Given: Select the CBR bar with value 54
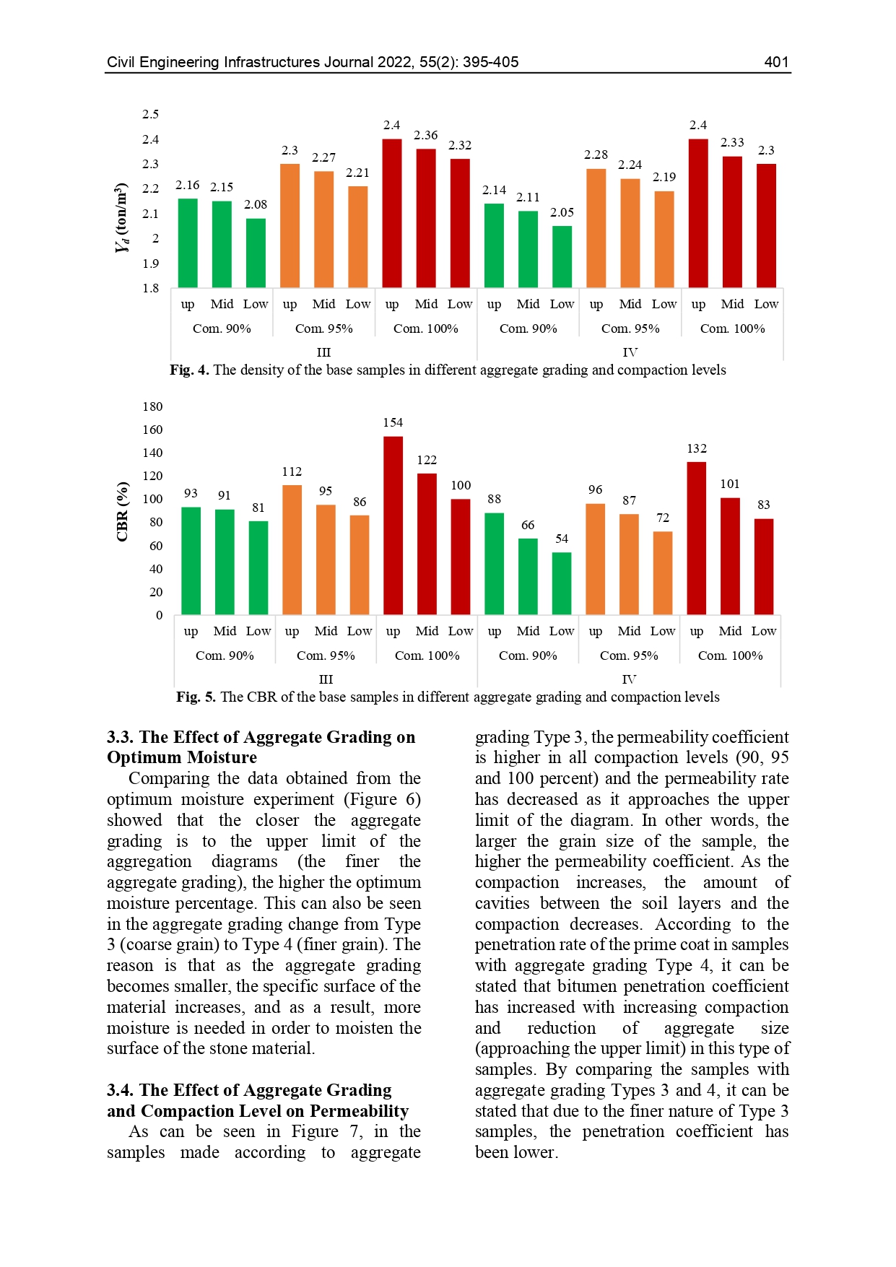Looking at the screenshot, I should pos(562,583).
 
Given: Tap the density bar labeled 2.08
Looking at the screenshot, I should pos(256,253).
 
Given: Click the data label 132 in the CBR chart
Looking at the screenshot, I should pos(697,449).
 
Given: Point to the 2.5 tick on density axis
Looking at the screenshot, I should pos(150,114).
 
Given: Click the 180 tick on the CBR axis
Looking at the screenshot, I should pos(152,406).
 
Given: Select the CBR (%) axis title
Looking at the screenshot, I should pos(122,511).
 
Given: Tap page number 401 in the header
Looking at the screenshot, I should pos(776,62).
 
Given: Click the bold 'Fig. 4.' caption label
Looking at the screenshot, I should pos(189,370).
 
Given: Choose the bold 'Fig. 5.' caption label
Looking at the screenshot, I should pos(196,697).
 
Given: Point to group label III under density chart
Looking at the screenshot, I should pos(323,352).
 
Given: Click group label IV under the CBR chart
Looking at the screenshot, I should pos(629,679).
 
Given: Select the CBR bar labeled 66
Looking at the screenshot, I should pos(528,576).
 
